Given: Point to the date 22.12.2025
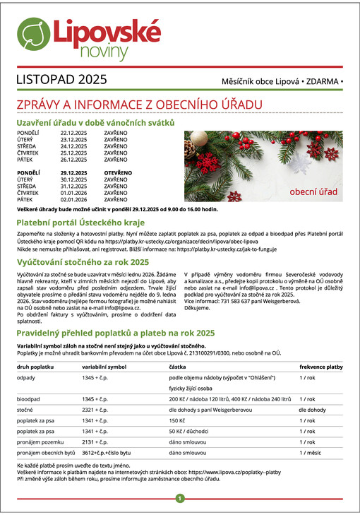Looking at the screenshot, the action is pyautogui.click(x=73, y=133).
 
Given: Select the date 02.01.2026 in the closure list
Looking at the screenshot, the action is pyautogui.click(x=73, y=201).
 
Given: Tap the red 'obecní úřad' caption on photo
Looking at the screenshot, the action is pyautogui.click(x=313, y=191).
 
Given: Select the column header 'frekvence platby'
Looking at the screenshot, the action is pyautogui.click(x=321, y=367).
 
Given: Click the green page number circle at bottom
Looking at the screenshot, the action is pyautogui.click(x=180, y=499).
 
